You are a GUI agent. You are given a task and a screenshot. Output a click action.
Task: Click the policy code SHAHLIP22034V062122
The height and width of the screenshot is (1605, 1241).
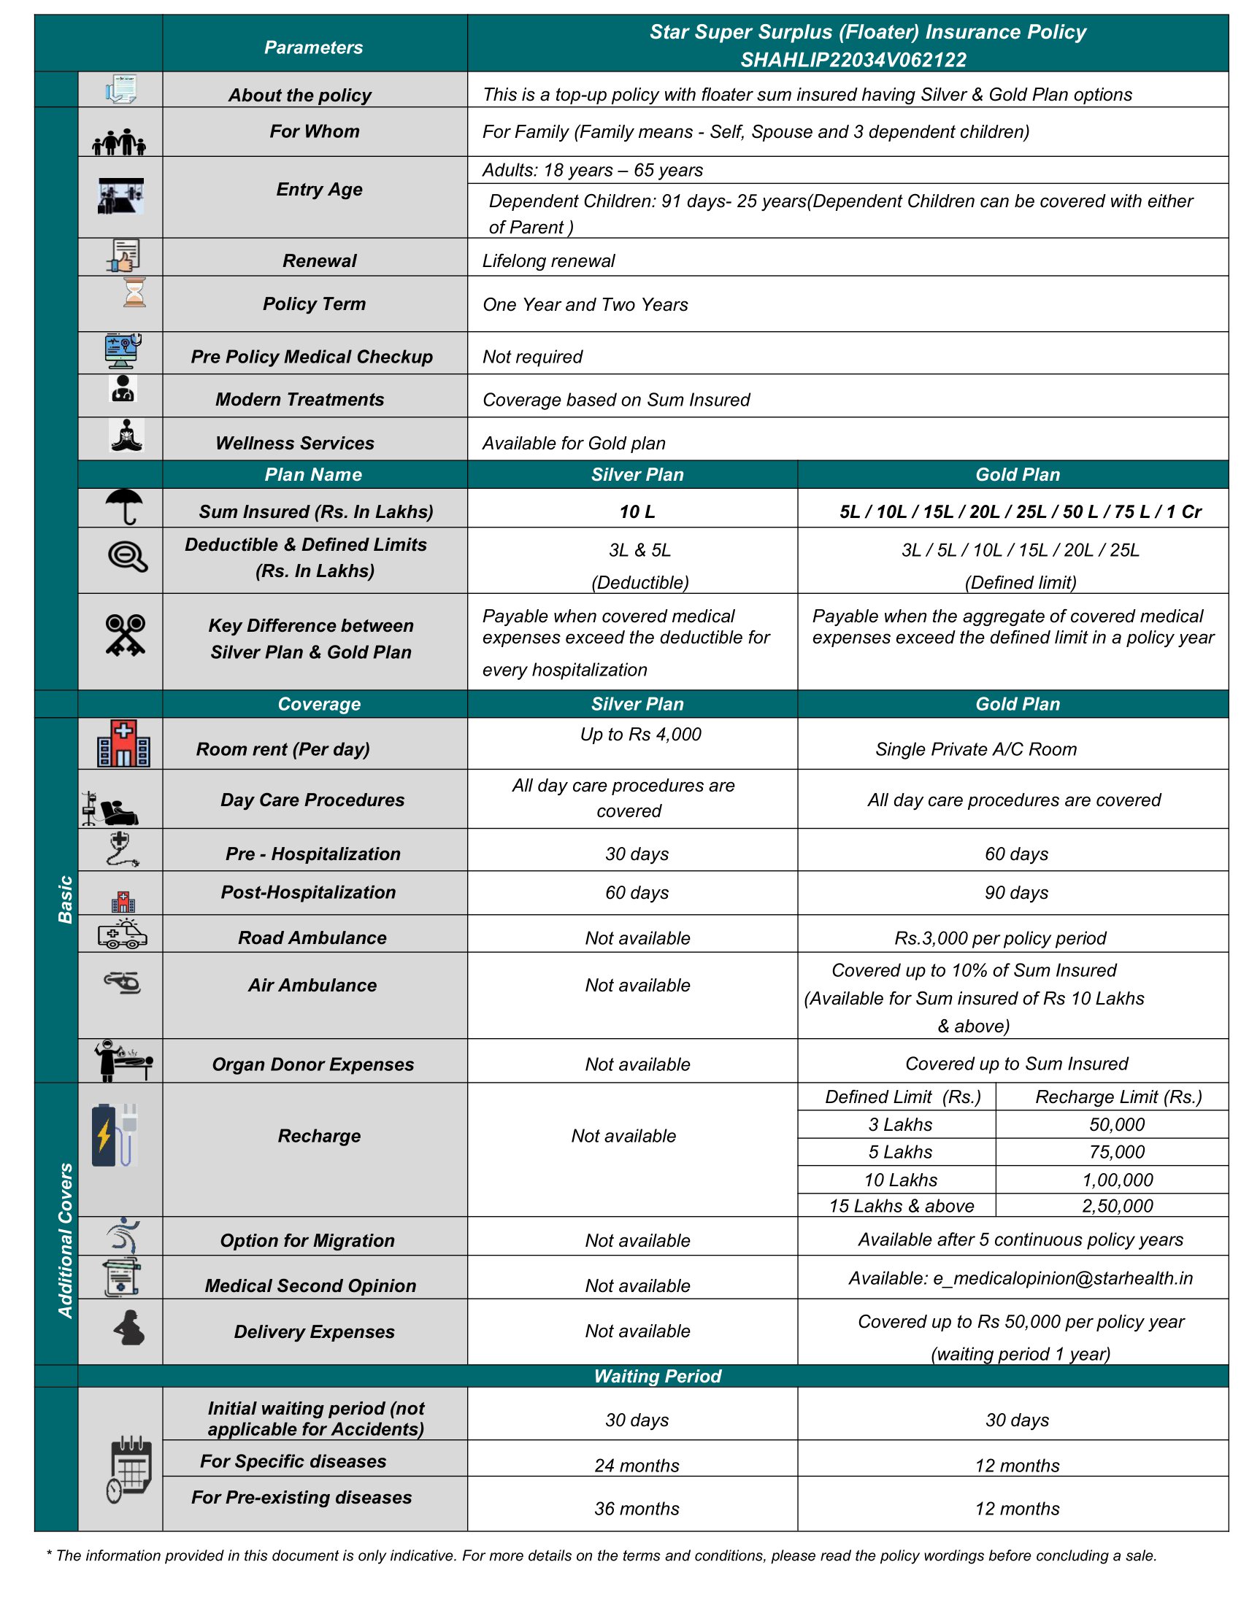point(853,60)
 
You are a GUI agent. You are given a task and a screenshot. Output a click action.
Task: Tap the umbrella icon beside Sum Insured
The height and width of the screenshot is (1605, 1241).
point(123,506)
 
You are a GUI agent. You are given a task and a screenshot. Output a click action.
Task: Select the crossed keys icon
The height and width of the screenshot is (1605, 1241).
point(125,634)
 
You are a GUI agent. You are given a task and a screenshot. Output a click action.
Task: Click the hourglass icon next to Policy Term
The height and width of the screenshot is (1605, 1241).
point(134,293)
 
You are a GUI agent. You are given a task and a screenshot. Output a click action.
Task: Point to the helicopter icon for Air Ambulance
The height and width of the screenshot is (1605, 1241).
point(122,982)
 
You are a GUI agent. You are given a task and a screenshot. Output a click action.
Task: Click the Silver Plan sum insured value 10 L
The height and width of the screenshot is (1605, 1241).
point(637,511)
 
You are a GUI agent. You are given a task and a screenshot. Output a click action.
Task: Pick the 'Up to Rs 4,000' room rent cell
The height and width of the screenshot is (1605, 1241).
point(640,734)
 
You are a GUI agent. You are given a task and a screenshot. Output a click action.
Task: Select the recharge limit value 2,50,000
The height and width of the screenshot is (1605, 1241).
point(1117,1205)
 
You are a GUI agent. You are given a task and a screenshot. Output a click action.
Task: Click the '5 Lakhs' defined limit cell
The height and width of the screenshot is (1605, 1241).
point(900,1151)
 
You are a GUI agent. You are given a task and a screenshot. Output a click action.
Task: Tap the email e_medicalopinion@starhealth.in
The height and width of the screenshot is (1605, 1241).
point(1021,1278)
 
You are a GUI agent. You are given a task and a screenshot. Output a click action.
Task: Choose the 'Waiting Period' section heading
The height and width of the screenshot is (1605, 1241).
point(657,1376)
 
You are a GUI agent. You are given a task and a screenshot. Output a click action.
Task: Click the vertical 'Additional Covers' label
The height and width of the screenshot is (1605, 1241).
point(66,1240)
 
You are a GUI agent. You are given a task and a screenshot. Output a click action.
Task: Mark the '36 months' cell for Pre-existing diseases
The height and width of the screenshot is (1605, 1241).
point(637,1508)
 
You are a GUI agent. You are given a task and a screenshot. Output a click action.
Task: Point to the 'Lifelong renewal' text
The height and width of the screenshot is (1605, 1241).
point(548,261)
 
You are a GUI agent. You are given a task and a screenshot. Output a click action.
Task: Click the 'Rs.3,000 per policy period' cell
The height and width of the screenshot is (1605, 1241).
point(1000,937)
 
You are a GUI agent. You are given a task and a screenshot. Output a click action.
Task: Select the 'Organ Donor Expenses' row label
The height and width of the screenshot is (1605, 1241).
point(313,1064)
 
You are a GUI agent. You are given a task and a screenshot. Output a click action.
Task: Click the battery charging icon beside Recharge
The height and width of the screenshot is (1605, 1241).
point(114,1134)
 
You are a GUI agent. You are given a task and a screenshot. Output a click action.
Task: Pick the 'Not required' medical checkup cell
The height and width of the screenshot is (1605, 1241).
point(532,357)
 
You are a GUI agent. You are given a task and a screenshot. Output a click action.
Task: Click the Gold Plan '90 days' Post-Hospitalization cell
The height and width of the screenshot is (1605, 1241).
point(1016,892)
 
